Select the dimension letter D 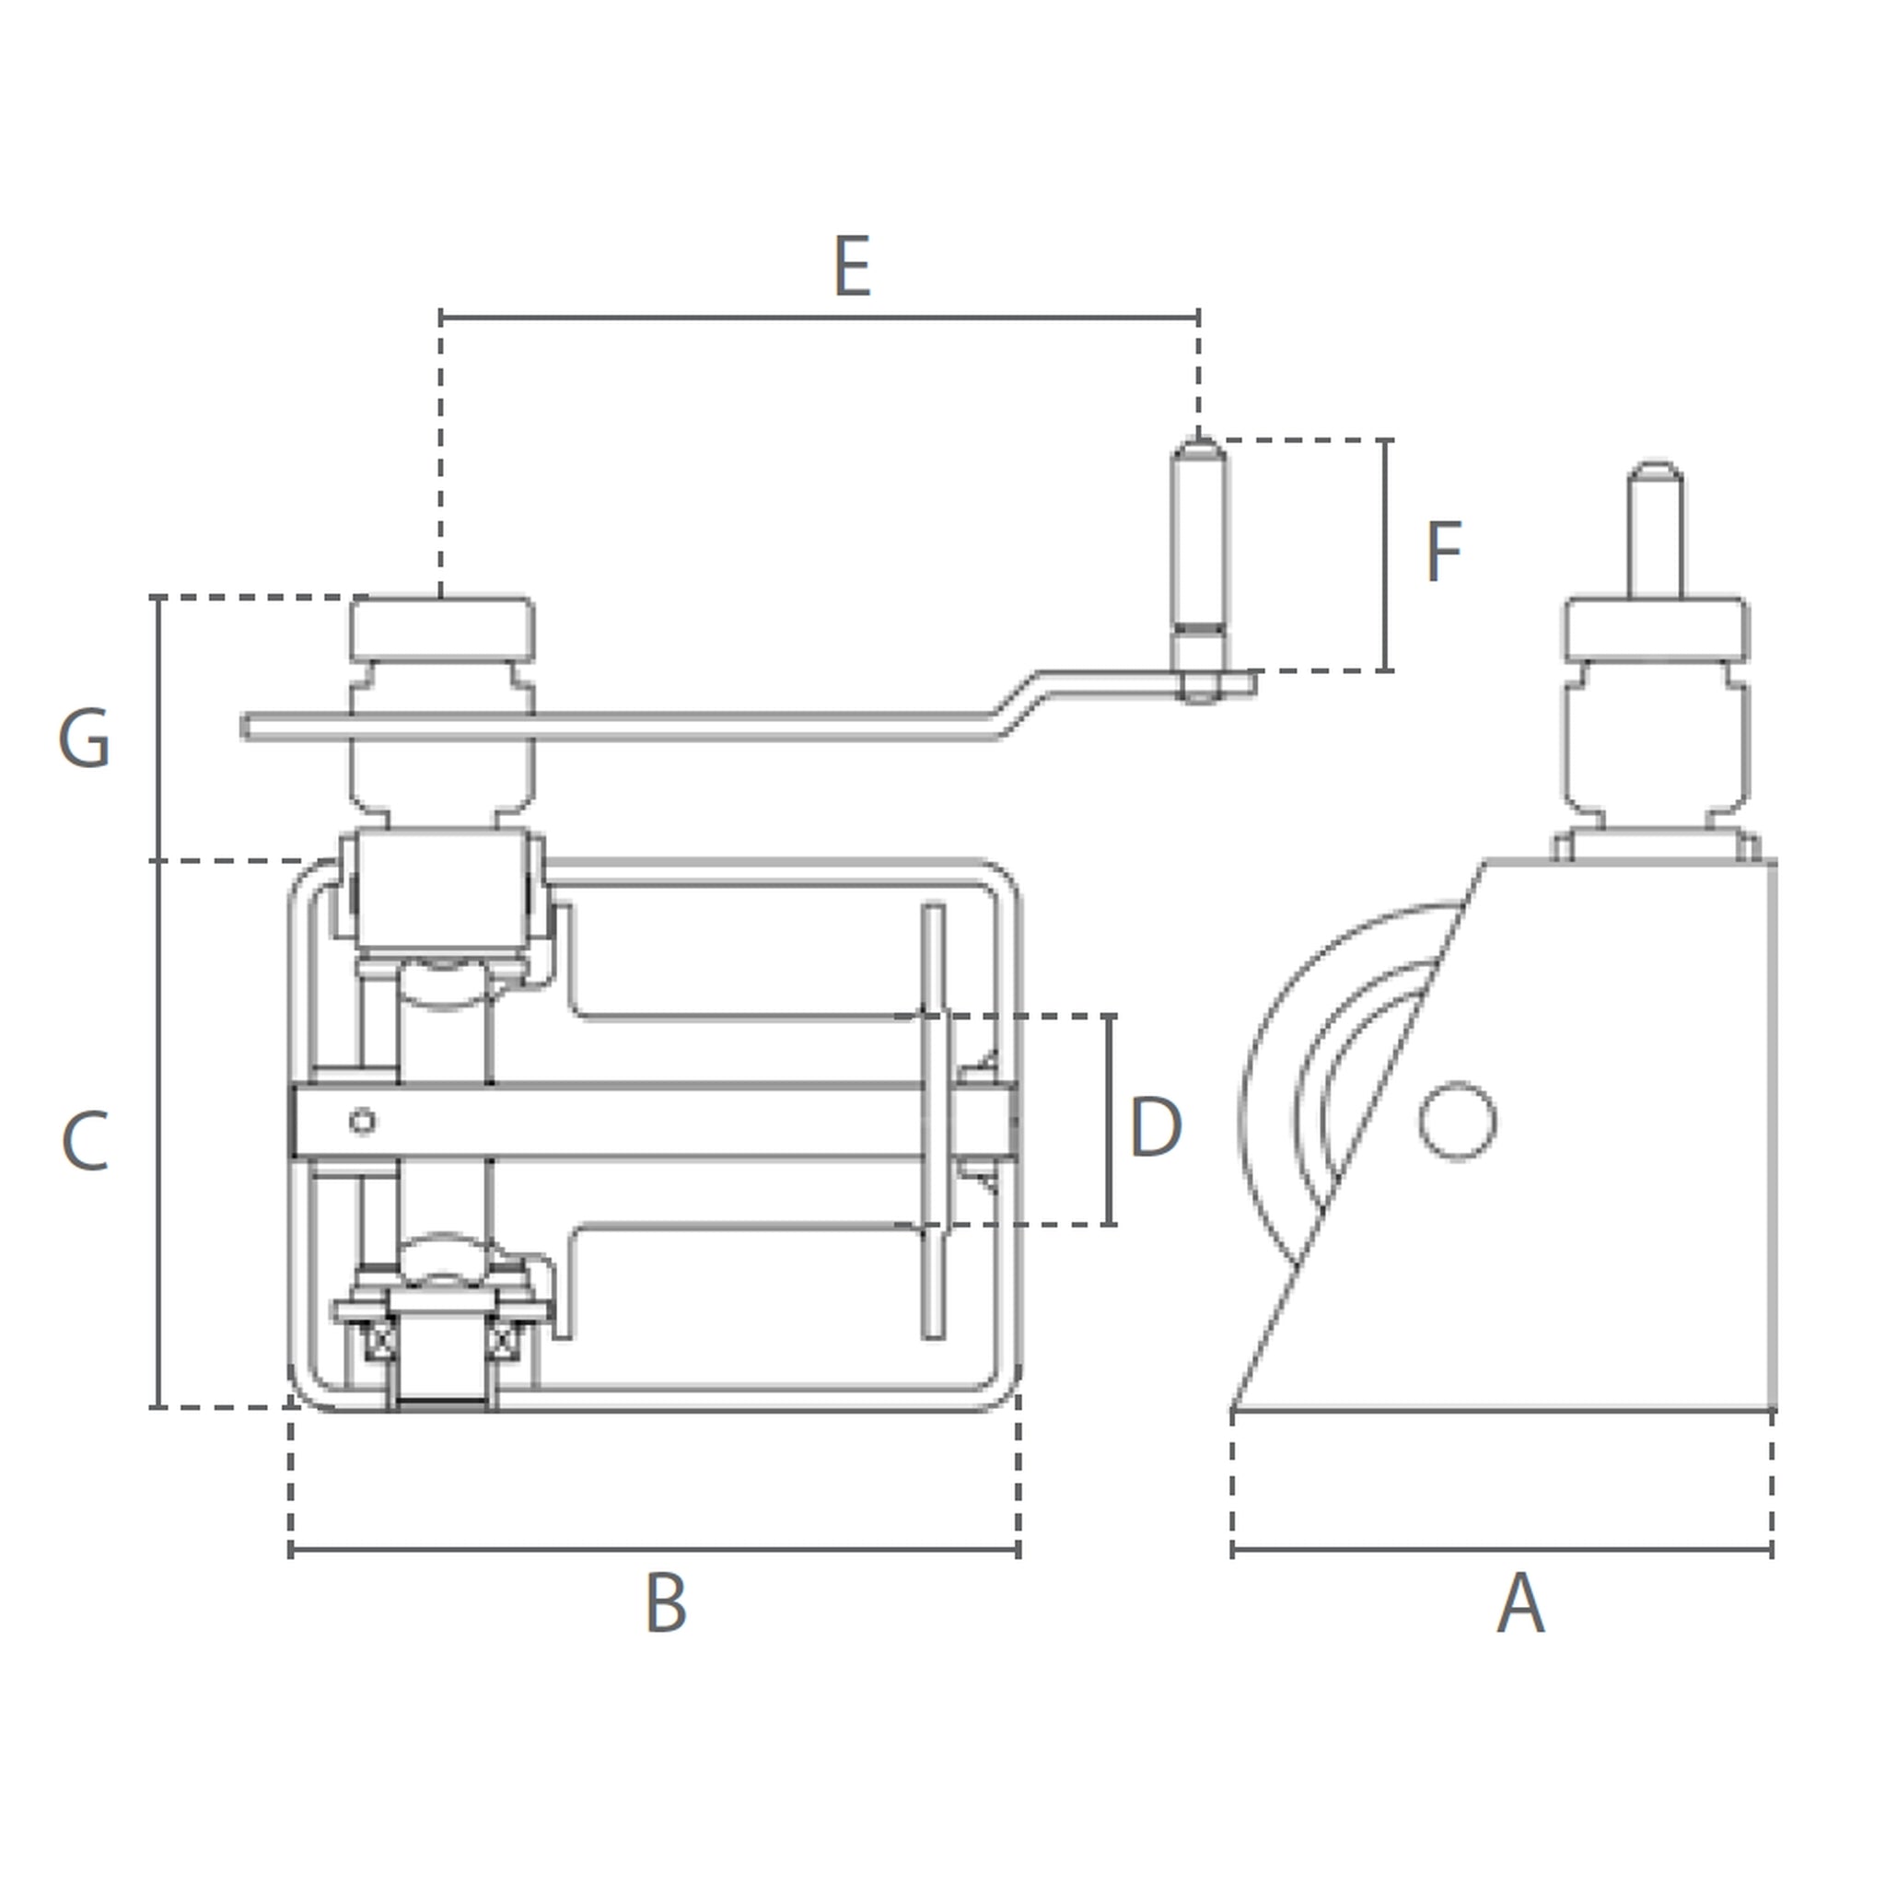(x=1156, y=1127)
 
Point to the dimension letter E (x=852, y=265)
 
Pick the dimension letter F (x=1444, y=552)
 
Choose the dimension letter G (x=84, y=738)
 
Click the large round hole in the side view (x=1458, y=1122)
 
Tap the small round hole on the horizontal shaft (x=362, y=1122)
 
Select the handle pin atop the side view (x=1656, y=530)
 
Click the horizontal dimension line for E (x=820, y=318)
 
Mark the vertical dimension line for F (x=1385, y=555)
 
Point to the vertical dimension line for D (x=1109, y=1120)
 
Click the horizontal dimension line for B (x=654, y=1549)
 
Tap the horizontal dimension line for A (x=1502, y=1549)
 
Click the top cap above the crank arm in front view (x=442, y=628)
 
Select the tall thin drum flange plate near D (x=933, y=1121)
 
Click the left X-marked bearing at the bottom (x=379, y=1341)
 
